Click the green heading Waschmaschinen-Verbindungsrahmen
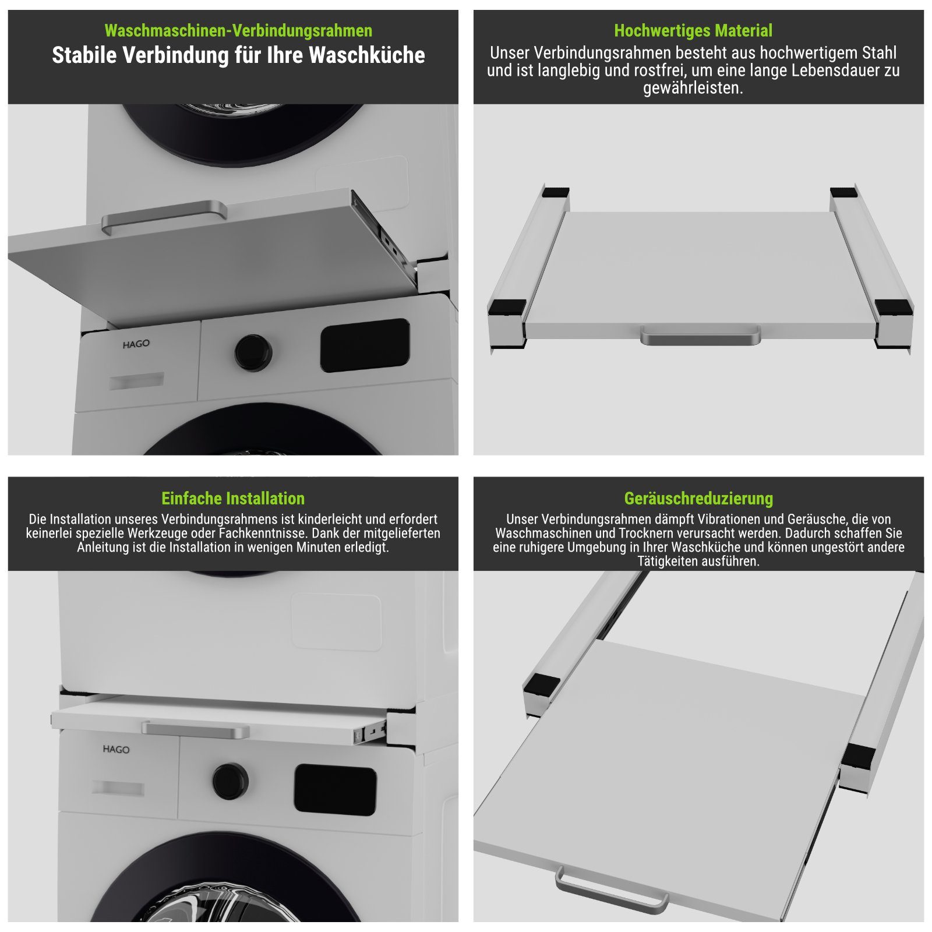(238, 30)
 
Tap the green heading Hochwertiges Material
(693, 30)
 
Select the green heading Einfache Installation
(233, 499)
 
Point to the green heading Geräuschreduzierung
(698, 499)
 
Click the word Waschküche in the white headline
(367, 55)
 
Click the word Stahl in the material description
(876, 53)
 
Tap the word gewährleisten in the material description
(693, 89)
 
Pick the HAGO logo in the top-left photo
(136, 344)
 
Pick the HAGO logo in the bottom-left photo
(116, 749)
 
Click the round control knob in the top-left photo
(253, 352)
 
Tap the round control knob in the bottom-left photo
(230, 781)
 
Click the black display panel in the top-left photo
(365, 345)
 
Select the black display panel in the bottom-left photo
(335, 789)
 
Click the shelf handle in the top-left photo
(164, 216)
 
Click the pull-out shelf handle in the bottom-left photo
(196, 729)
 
